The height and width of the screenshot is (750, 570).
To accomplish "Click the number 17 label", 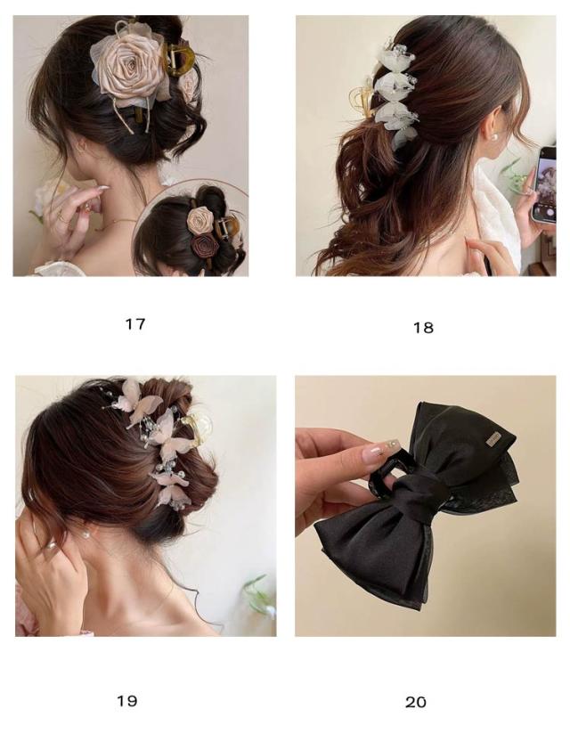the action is coord(134,324).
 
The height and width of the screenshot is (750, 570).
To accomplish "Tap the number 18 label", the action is coord(423,328).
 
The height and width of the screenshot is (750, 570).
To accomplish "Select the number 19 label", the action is coord(127,701).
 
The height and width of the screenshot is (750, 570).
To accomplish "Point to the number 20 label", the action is coord(416,702).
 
